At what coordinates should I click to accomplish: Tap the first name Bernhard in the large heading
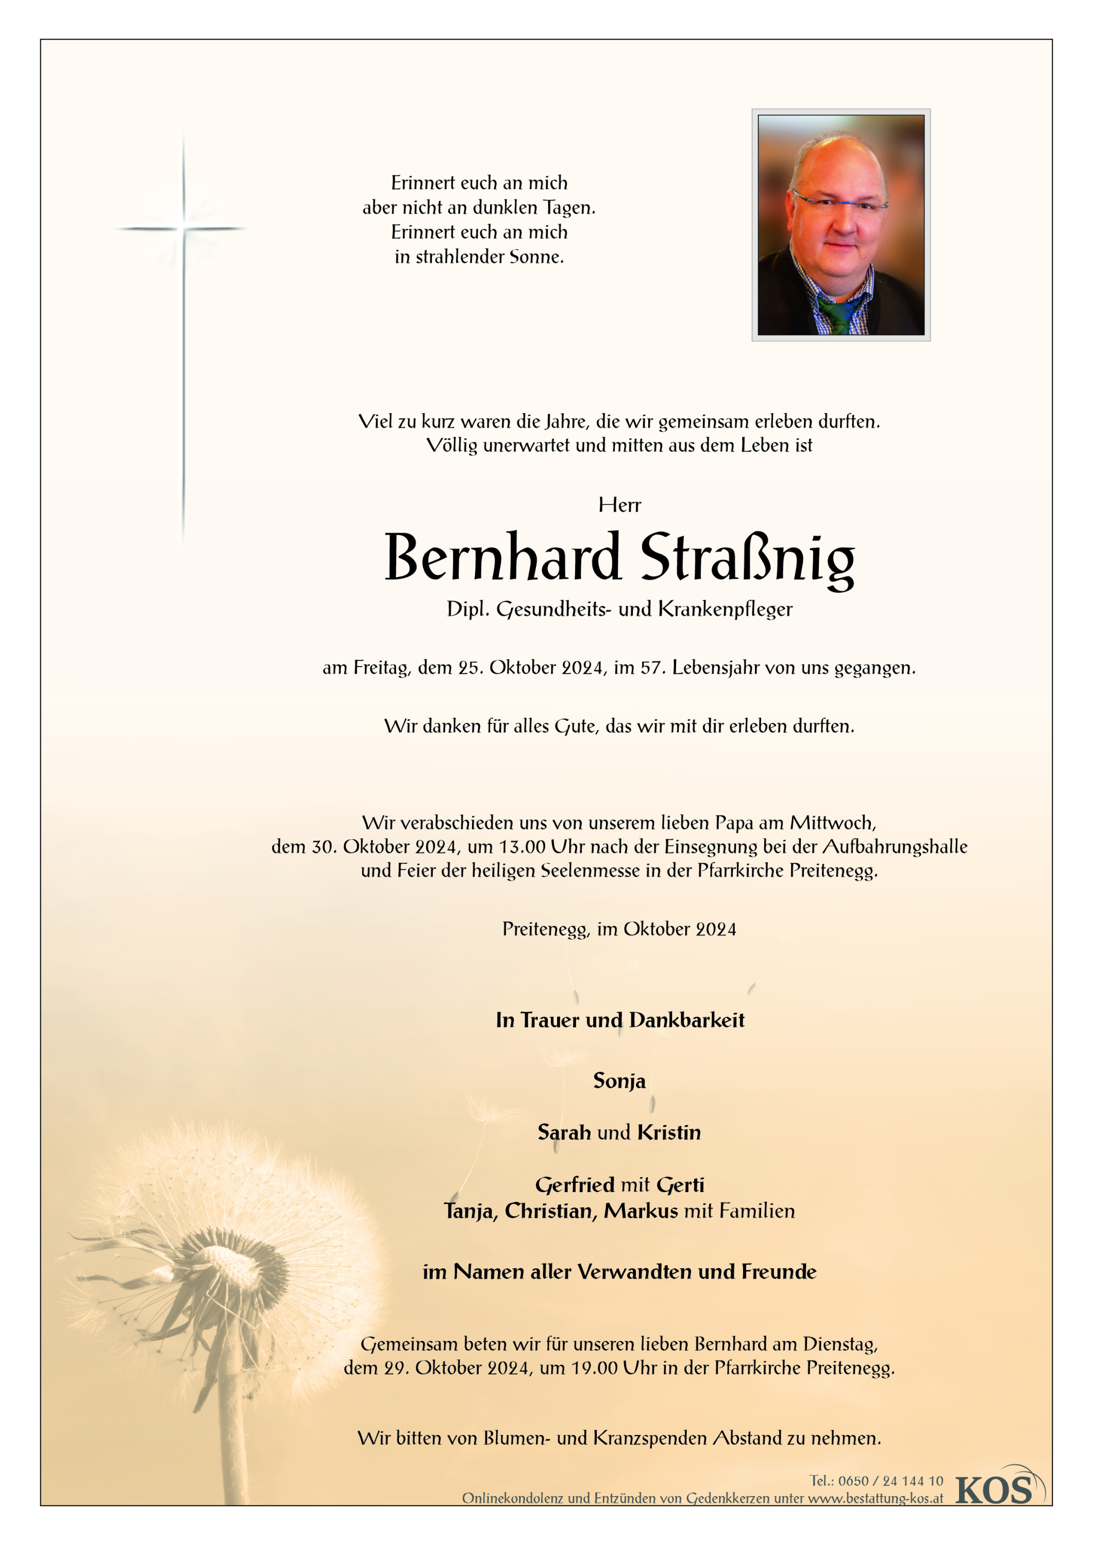502,557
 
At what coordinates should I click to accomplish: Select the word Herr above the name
619,505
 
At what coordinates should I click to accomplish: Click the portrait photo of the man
840,224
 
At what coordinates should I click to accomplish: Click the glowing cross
183,229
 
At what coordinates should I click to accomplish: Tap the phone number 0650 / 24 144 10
890,1481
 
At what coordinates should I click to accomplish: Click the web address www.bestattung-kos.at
875,1498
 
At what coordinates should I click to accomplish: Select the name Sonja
619,1081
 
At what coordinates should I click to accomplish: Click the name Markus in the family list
641,1211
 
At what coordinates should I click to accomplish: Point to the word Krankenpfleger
726,609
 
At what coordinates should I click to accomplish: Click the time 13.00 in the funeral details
522,846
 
